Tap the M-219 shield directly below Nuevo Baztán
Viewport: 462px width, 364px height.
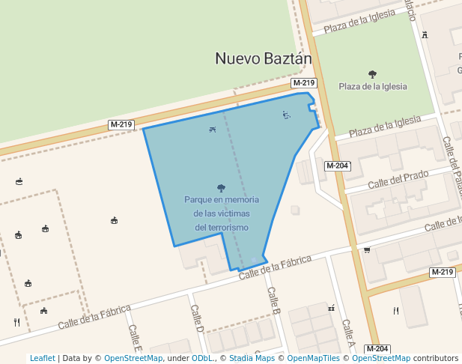303,83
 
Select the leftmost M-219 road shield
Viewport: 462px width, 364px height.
121,124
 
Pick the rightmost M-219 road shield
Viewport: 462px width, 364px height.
443,272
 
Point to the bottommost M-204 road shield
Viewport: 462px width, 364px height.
377,349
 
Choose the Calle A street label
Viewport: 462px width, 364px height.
347,333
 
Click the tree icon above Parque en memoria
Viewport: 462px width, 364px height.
221,188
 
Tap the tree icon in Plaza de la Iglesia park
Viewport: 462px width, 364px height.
372,74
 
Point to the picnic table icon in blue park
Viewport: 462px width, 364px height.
213,130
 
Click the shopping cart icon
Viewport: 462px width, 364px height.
367,250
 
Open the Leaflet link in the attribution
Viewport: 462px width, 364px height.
42,358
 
